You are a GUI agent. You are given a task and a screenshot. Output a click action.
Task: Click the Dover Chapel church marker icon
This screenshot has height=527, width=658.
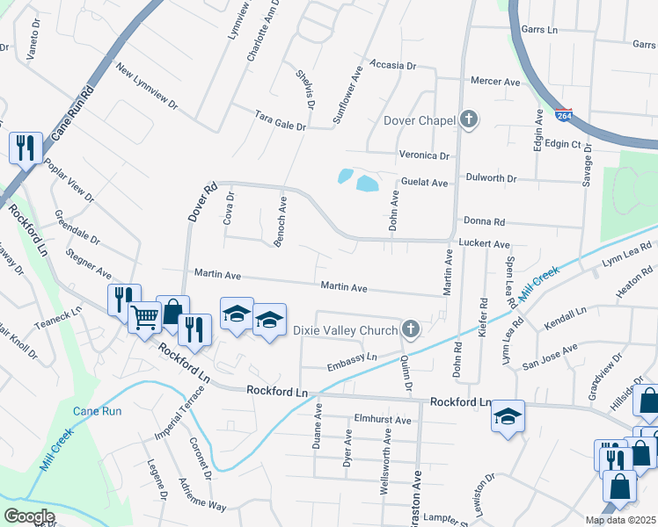(469, 120)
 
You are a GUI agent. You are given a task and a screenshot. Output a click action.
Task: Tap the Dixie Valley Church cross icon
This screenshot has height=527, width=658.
(409, 329)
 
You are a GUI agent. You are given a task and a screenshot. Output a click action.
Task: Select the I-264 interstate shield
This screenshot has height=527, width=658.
(564, 115)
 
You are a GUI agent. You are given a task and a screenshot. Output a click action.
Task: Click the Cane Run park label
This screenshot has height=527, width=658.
(97, 411)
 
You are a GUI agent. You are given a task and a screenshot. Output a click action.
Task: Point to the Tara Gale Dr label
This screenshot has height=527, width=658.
(280, 121)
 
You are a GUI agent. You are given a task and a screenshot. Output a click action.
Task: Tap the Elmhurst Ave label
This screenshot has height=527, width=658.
(383, 420)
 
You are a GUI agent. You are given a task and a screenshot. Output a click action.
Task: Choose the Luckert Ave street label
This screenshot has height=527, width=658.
(483, 243)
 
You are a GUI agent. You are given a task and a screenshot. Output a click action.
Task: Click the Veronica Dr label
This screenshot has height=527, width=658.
(424, 155)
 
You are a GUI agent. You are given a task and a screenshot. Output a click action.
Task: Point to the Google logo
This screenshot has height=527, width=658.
(28, 516)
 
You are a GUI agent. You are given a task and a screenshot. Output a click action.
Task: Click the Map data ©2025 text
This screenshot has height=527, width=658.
(620, 520)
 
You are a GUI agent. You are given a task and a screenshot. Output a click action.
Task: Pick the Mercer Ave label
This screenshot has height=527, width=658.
(495, 82)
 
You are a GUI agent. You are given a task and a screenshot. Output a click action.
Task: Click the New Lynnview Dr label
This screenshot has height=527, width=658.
(145, 90)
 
